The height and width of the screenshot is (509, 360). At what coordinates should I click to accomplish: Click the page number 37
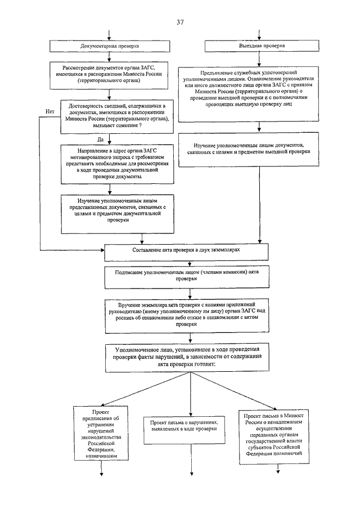click(x=180, y=22)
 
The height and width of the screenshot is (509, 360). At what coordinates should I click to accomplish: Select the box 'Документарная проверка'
click(x=110, y=46)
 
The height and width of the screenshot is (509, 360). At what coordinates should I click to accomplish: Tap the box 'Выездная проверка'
click(x=262, y=46)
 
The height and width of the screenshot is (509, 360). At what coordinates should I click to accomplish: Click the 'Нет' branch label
click(x=50, y=111)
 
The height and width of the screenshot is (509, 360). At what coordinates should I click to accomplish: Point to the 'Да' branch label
click(x=100, y=139)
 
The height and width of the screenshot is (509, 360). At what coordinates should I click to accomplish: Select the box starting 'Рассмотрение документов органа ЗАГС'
click(x=109, y=75)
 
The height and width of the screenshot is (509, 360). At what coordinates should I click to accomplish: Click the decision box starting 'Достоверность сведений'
click(x=117, y=116)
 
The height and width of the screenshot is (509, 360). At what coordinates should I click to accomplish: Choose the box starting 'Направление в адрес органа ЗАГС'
click(x=117, y=164)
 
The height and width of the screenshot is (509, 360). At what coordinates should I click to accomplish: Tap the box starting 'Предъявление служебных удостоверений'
click(x=249, y=94)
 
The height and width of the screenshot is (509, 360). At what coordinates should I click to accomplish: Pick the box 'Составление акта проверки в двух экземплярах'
click(x=186, y=252)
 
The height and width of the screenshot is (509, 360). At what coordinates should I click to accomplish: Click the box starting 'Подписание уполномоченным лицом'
click(x=187, y=277)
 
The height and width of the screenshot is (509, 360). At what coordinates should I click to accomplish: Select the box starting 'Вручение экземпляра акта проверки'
click(x=187, y=316)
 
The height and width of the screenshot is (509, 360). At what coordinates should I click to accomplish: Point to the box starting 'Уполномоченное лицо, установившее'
click(x=187, y=358)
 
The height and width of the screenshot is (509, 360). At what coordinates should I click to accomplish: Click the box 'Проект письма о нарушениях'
click(x=184, y=430)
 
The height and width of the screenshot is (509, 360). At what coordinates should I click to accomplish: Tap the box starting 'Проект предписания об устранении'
click(x=101, y=433)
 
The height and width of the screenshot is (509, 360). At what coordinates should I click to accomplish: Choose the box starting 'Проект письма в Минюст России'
click(x=274, y=437)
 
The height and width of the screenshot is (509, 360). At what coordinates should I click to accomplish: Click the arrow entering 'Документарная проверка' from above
click(x=109, y=35)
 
